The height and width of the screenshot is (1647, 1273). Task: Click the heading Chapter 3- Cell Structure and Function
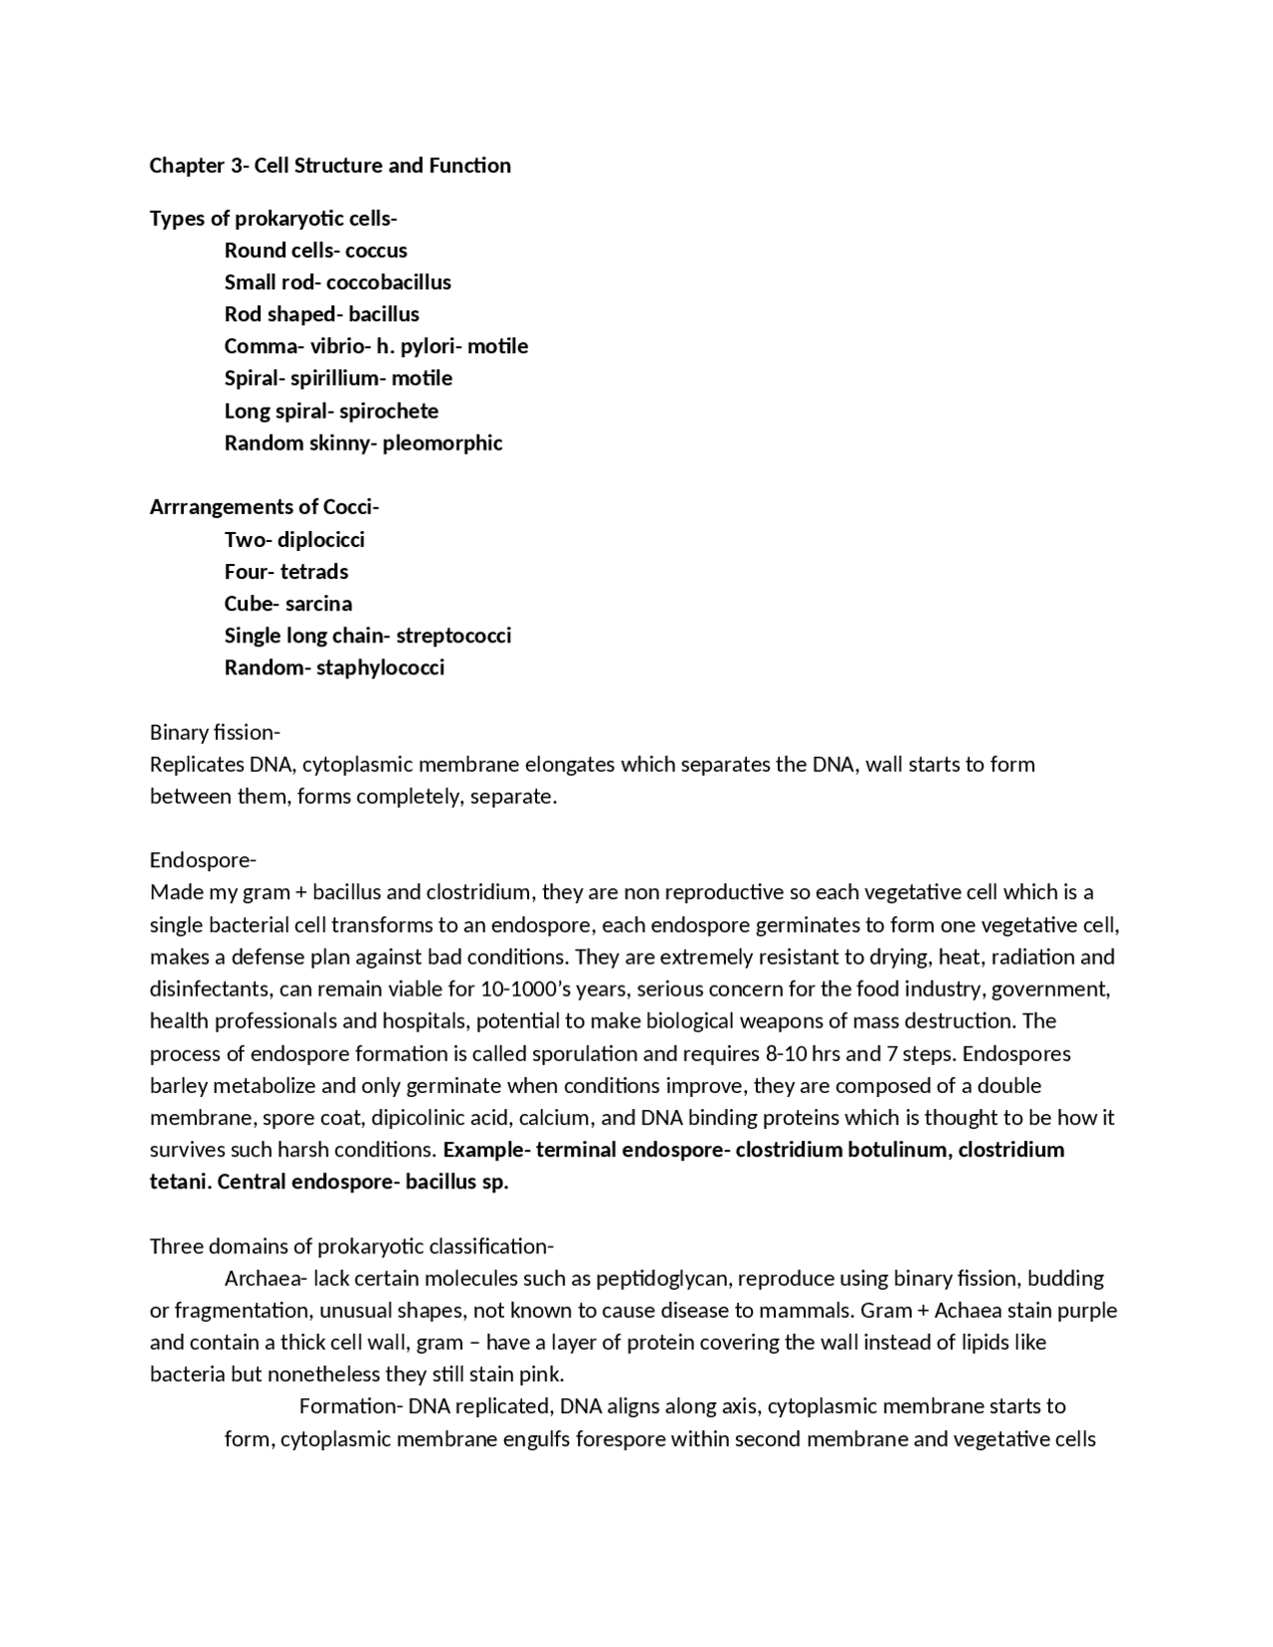(x=330, y=166)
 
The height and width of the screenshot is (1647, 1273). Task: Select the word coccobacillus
(x=389, y=282)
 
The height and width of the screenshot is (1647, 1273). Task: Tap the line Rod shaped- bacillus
(x=321, y=314)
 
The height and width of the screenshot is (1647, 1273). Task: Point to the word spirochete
(x=389, y=411)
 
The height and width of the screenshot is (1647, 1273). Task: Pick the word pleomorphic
(x=443, y=444)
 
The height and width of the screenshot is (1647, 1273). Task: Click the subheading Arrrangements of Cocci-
(x=265, y=507)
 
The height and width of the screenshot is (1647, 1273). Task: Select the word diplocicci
(x=321, y=540)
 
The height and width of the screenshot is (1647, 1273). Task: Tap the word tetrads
(x=314, y=572)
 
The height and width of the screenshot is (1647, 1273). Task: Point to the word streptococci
(x=454, y=636)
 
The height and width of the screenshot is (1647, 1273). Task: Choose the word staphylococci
(x=380, y=667)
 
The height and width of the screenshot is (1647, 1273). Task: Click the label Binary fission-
(x=215, y=733)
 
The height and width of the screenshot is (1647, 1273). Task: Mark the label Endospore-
(x=203, y=860)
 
